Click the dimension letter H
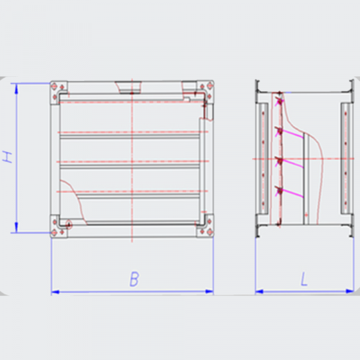coord(7,157)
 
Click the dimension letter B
coord(134,279)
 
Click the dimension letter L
coord(304,279)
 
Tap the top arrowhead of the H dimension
coord(16,89)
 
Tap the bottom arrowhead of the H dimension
coord(16,227)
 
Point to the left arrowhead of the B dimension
coord(55,292)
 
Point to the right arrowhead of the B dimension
coord(209,292)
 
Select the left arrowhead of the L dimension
coord(259,292)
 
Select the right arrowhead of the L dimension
coord(350,291)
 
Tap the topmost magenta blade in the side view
coord(292,134)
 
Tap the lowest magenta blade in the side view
coord(292,193)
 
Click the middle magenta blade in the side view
coord(292,164)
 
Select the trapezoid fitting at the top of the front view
coord(128,87)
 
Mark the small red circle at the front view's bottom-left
coord(68,224)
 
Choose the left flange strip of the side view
coord(263,158)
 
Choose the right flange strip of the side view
coord(346,158)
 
